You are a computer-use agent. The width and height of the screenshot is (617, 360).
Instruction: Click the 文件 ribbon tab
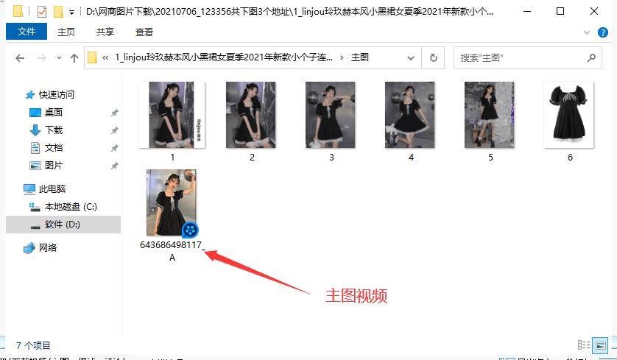pyautogui.click(x=27, y=32)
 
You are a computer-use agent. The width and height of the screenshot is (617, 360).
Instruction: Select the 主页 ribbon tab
pyautogui.click(x=66, y=32)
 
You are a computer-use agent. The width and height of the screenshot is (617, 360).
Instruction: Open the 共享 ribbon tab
pyautogui.click(x=105, y=32)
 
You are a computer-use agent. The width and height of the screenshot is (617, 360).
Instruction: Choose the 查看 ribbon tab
pyautogui.click(x=144, y=32)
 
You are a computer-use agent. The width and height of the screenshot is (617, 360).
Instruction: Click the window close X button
pyautogui.click(x=595, y=11)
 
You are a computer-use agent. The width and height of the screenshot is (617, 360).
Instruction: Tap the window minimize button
pyautogui.click(x=526, y=11)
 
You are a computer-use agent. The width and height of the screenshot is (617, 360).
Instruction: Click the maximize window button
pyautogui.click(x=560, y=11)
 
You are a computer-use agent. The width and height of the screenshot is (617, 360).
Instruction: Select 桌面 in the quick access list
pyautogui.click(x=54, y=113)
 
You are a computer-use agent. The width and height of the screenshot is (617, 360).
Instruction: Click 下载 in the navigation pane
pyautogui.click(x=54, y=130)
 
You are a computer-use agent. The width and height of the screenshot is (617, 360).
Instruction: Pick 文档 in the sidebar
pyautogui.click(x=54, y=148)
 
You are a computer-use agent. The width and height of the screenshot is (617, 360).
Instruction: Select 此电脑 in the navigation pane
pyautogui.click(x=55, y=189)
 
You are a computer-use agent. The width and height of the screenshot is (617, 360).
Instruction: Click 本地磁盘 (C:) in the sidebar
pyautogui.click(x=71, y=207)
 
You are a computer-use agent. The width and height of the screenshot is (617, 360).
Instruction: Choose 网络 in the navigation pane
pyautogui.click(x=48, y=248)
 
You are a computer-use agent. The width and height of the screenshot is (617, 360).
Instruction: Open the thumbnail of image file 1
pyautogui.click(x=172, y=114)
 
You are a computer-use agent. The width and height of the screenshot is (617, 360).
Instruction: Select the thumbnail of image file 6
pyautogui.click(x=570, y=114)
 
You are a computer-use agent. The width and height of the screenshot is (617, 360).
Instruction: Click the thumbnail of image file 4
pyautogui.click(x=410, y=114)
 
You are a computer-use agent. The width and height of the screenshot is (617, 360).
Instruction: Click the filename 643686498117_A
pyautogui.click(x=172, y=251)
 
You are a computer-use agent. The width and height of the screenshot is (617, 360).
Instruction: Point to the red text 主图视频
pyautogui.click(x=356, y=296)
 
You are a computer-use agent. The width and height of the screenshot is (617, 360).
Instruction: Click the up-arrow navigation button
pyautogui.click(x=74, y=58)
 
